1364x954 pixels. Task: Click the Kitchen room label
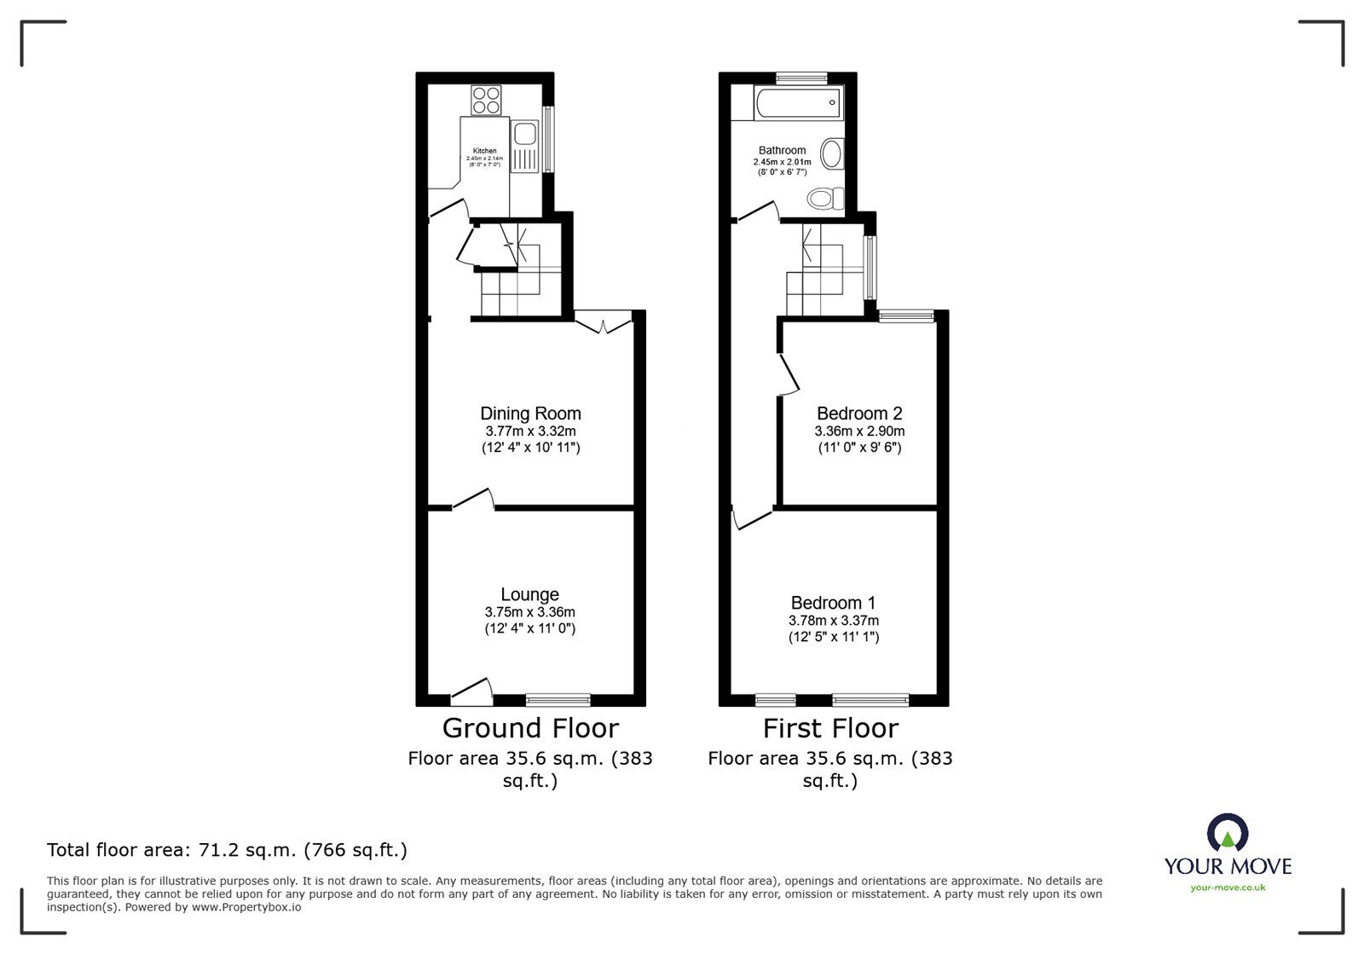(x=484, y=151)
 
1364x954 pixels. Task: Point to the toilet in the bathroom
(x=825, y=199)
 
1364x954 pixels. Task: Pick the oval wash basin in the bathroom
(x=830, y=155)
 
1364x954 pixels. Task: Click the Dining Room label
(x=530, y=414)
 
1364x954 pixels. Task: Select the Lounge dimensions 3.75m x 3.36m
(x=529, y=612)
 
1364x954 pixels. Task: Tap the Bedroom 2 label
(x=858, y=414)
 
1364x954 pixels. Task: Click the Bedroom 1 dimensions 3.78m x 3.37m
(x=833, y=621)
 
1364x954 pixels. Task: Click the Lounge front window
(x=558, y=700)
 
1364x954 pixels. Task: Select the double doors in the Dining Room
(x=603, y=322)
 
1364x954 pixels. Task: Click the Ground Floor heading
(x=530, y=729)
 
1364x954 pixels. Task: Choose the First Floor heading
(x=830, y=729)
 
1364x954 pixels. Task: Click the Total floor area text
(x=227, y=850)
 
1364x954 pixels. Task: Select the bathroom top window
(x=801, y=78)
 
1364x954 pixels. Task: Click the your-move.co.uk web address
(x=1228, y=888)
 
